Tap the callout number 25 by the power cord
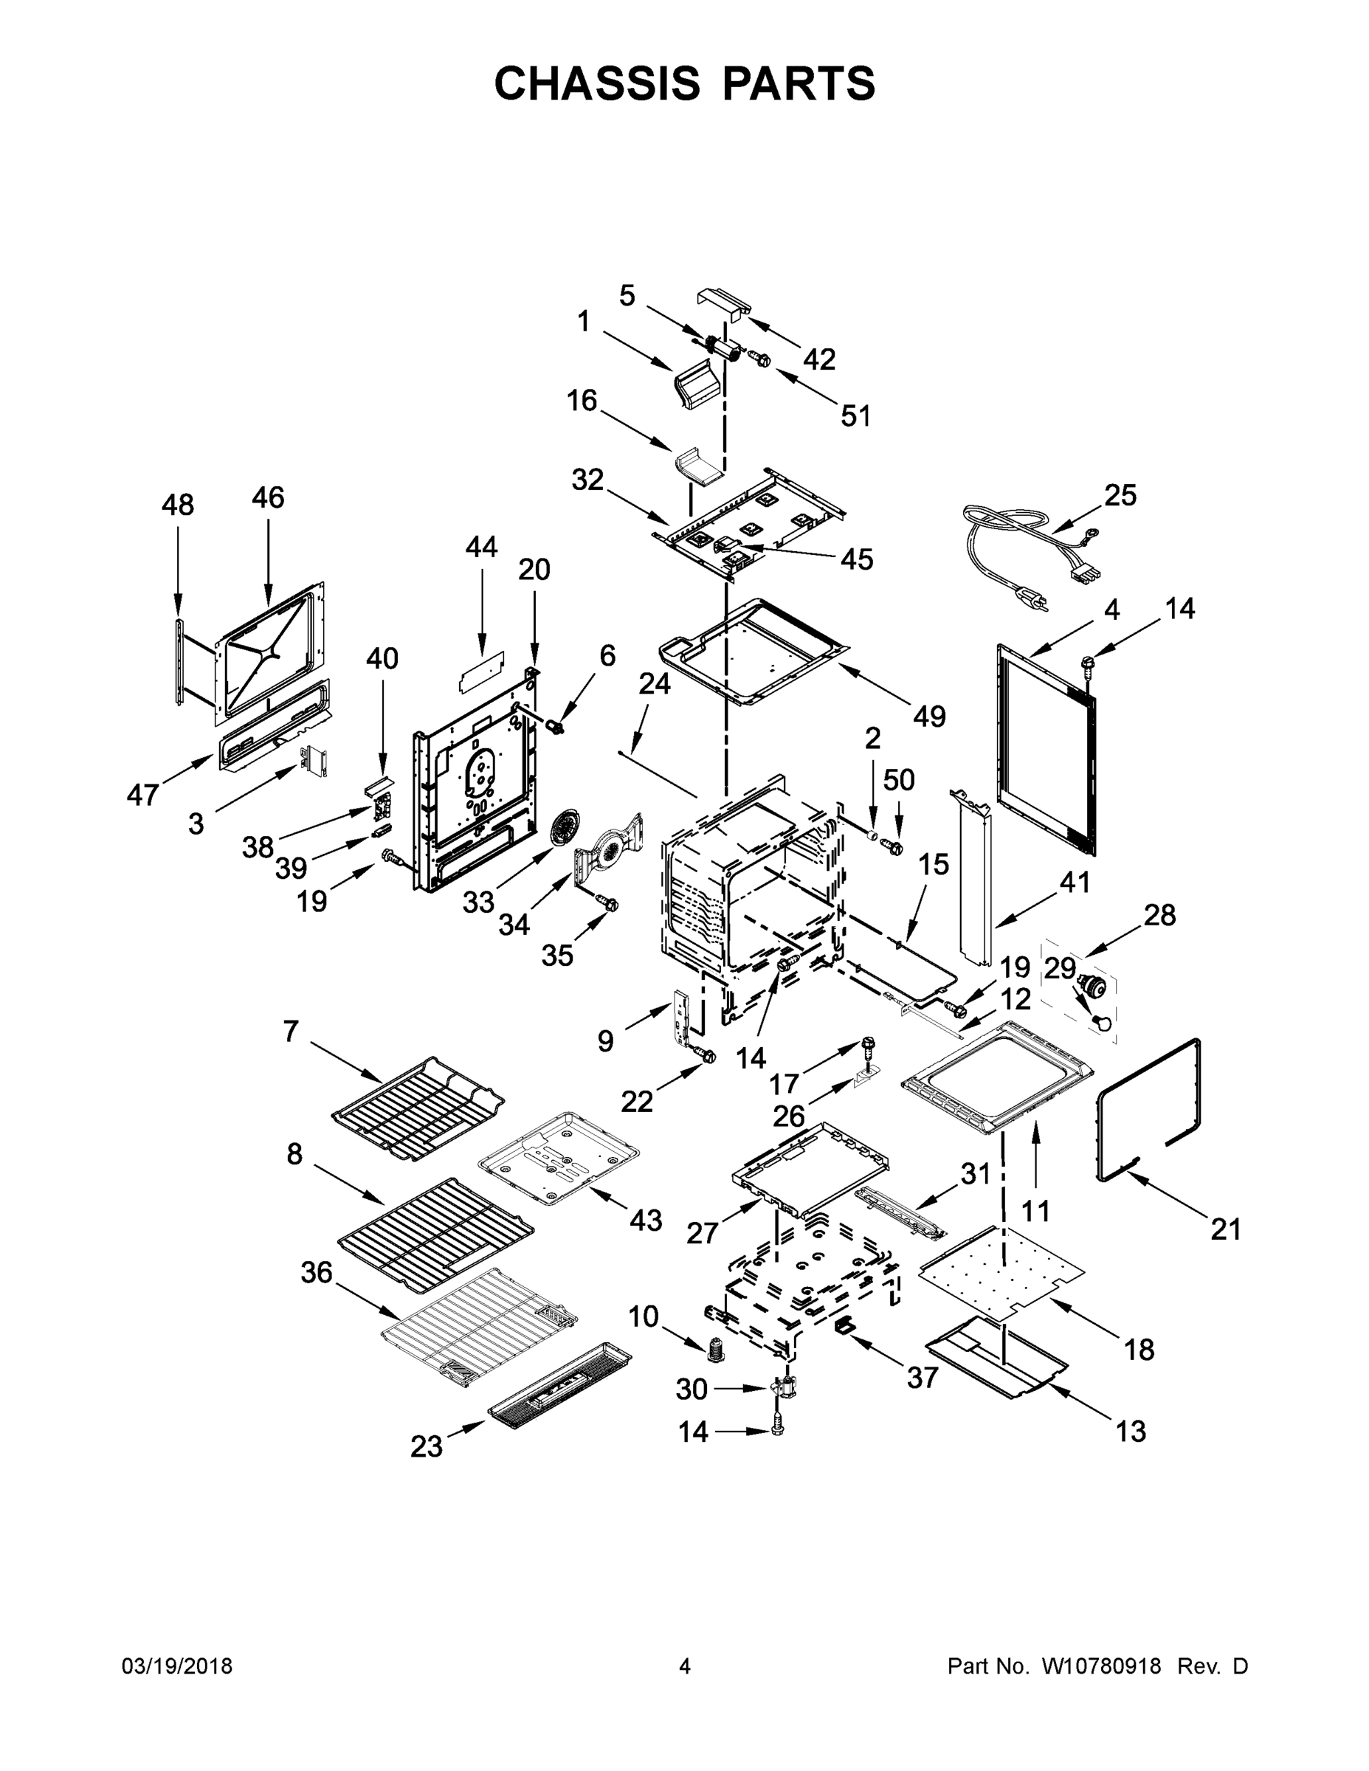click(1121, 494)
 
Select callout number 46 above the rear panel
click(268, 497)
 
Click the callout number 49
click(929, 716)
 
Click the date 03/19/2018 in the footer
click(177, 1666)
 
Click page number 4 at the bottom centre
click(685, 1666)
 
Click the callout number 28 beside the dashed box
click(1159, 916)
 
